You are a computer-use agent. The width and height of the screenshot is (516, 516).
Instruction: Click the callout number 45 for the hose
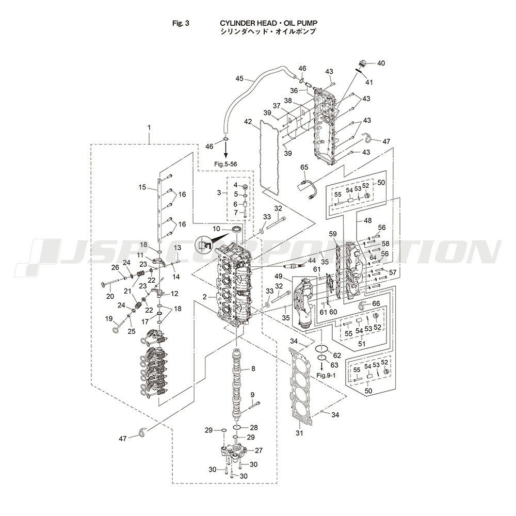(x=239, y=78)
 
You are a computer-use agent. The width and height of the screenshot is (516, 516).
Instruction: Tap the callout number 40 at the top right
(x=381, y=63)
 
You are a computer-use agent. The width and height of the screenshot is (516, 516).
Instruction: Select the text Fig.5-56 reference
(x=228, y=164)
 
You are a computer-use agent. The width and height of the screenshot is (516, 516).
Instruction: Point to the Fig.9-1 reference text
(x=326, y=375)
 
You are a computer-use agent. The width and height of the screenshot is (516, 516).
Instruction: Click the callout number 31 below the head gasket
(x=299, y=432)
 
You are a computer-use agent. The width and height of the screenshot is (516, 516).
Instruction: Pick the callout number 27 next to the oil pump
(x=259, y=450)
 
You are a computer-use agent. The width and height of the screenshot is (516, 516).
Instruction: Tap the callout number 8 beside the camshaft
(x=253, y=368)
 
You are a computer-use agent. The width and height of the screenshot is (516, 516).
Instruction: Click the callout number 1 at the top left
(x=149, y=127)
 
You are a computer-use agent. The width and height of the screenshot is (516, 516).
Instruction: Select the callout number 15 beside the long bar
(x=142, y=187)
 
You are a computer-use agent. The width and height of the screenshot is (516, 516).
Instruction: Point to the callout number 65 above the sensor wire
(x=304, y=167)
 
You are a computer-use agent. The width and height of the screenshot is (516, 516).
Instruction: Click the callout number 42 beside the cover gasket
(x=248, y=122)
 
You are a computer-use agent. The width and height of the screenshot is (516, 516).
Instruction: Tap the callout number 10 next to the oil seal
(x=217, y=228)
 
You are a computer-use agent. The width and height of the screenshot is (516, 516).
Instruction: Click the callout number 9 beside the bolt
(x=253, y=395)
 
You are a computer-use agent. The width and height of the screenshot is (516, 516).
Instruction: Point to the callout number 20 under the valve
(x=110, y=296)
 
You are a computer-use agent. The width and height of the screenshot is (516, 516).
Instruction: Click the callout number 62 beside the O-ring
(x=337, y=355)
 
